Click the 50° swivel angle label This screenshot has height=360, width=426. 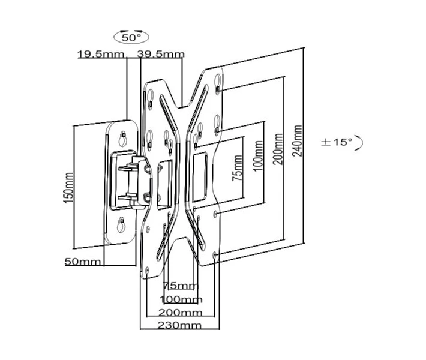pos(131,37)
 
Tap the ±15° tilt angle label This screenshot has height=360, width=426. pos(337,142)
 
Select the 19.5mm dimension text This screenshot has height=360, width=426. pos(101,54)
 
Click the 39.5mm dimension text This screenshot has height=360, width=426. pos(161,54)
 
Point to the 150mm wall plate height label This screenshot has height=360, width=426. pos(68,188)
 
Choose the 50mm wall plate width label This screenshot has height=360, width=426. pos(83,262)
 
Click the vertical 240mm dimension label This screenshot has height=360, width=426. pos(297,141)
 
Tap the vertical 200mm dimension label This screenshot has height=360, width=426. pos(278,149)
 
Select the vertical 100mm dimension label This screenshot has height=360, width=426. pos(259,155)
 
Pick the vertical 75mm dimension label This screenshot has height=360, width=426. pos(237,168)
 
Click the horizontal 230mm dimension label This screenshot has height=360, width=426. pos(179,325)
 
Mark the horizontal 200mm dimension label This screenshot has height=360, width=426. pos(180,313)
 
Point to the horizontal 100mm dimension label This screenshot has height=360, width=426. pos(181,299)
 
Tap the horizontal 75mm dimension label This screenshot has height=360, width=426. pos(181,286)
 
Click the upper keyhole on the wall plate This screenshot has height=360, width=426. pos(123,139)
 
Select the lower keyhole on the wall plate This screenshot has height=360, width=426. pos(121,225)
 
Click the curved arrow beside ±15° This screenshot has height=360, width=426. pos(359,143)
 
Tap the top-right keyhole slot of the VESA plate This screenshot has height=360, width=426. pos(218,83)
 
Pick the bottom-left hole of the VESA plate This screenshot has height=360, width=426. pos(147,271)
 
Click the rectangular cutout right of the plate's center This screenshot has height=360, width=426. pos(200,177)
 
